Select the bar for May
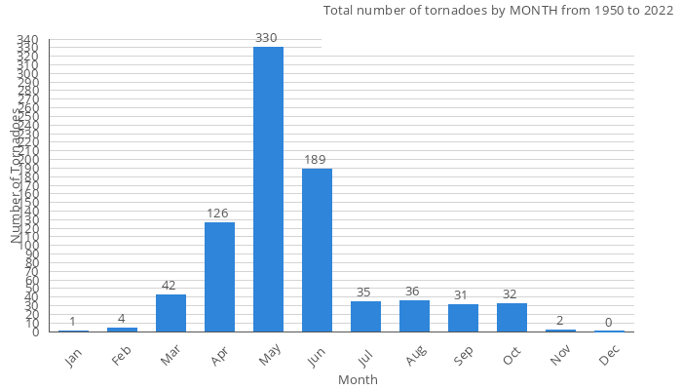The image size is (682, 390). click(x=268, y=189)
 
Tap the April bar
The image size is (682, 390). click(x=219, y=277)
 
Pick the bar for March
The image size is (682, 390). click(x=170, y=313)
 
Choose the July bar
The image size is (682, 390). click(x=365, y=316)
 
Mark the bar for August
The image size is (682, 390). click(x=414, y=316)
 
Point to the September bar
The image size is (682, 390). click(x=463, y=318)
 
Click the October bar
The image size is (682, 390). click(x=511, y=318)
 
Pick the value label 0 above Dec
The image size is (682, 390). click(x=609, y=322)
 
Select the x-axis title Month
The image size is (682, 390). click(x=358, y=379)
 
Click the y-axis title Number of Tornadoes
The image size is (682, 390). click(x=17, y=175)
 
